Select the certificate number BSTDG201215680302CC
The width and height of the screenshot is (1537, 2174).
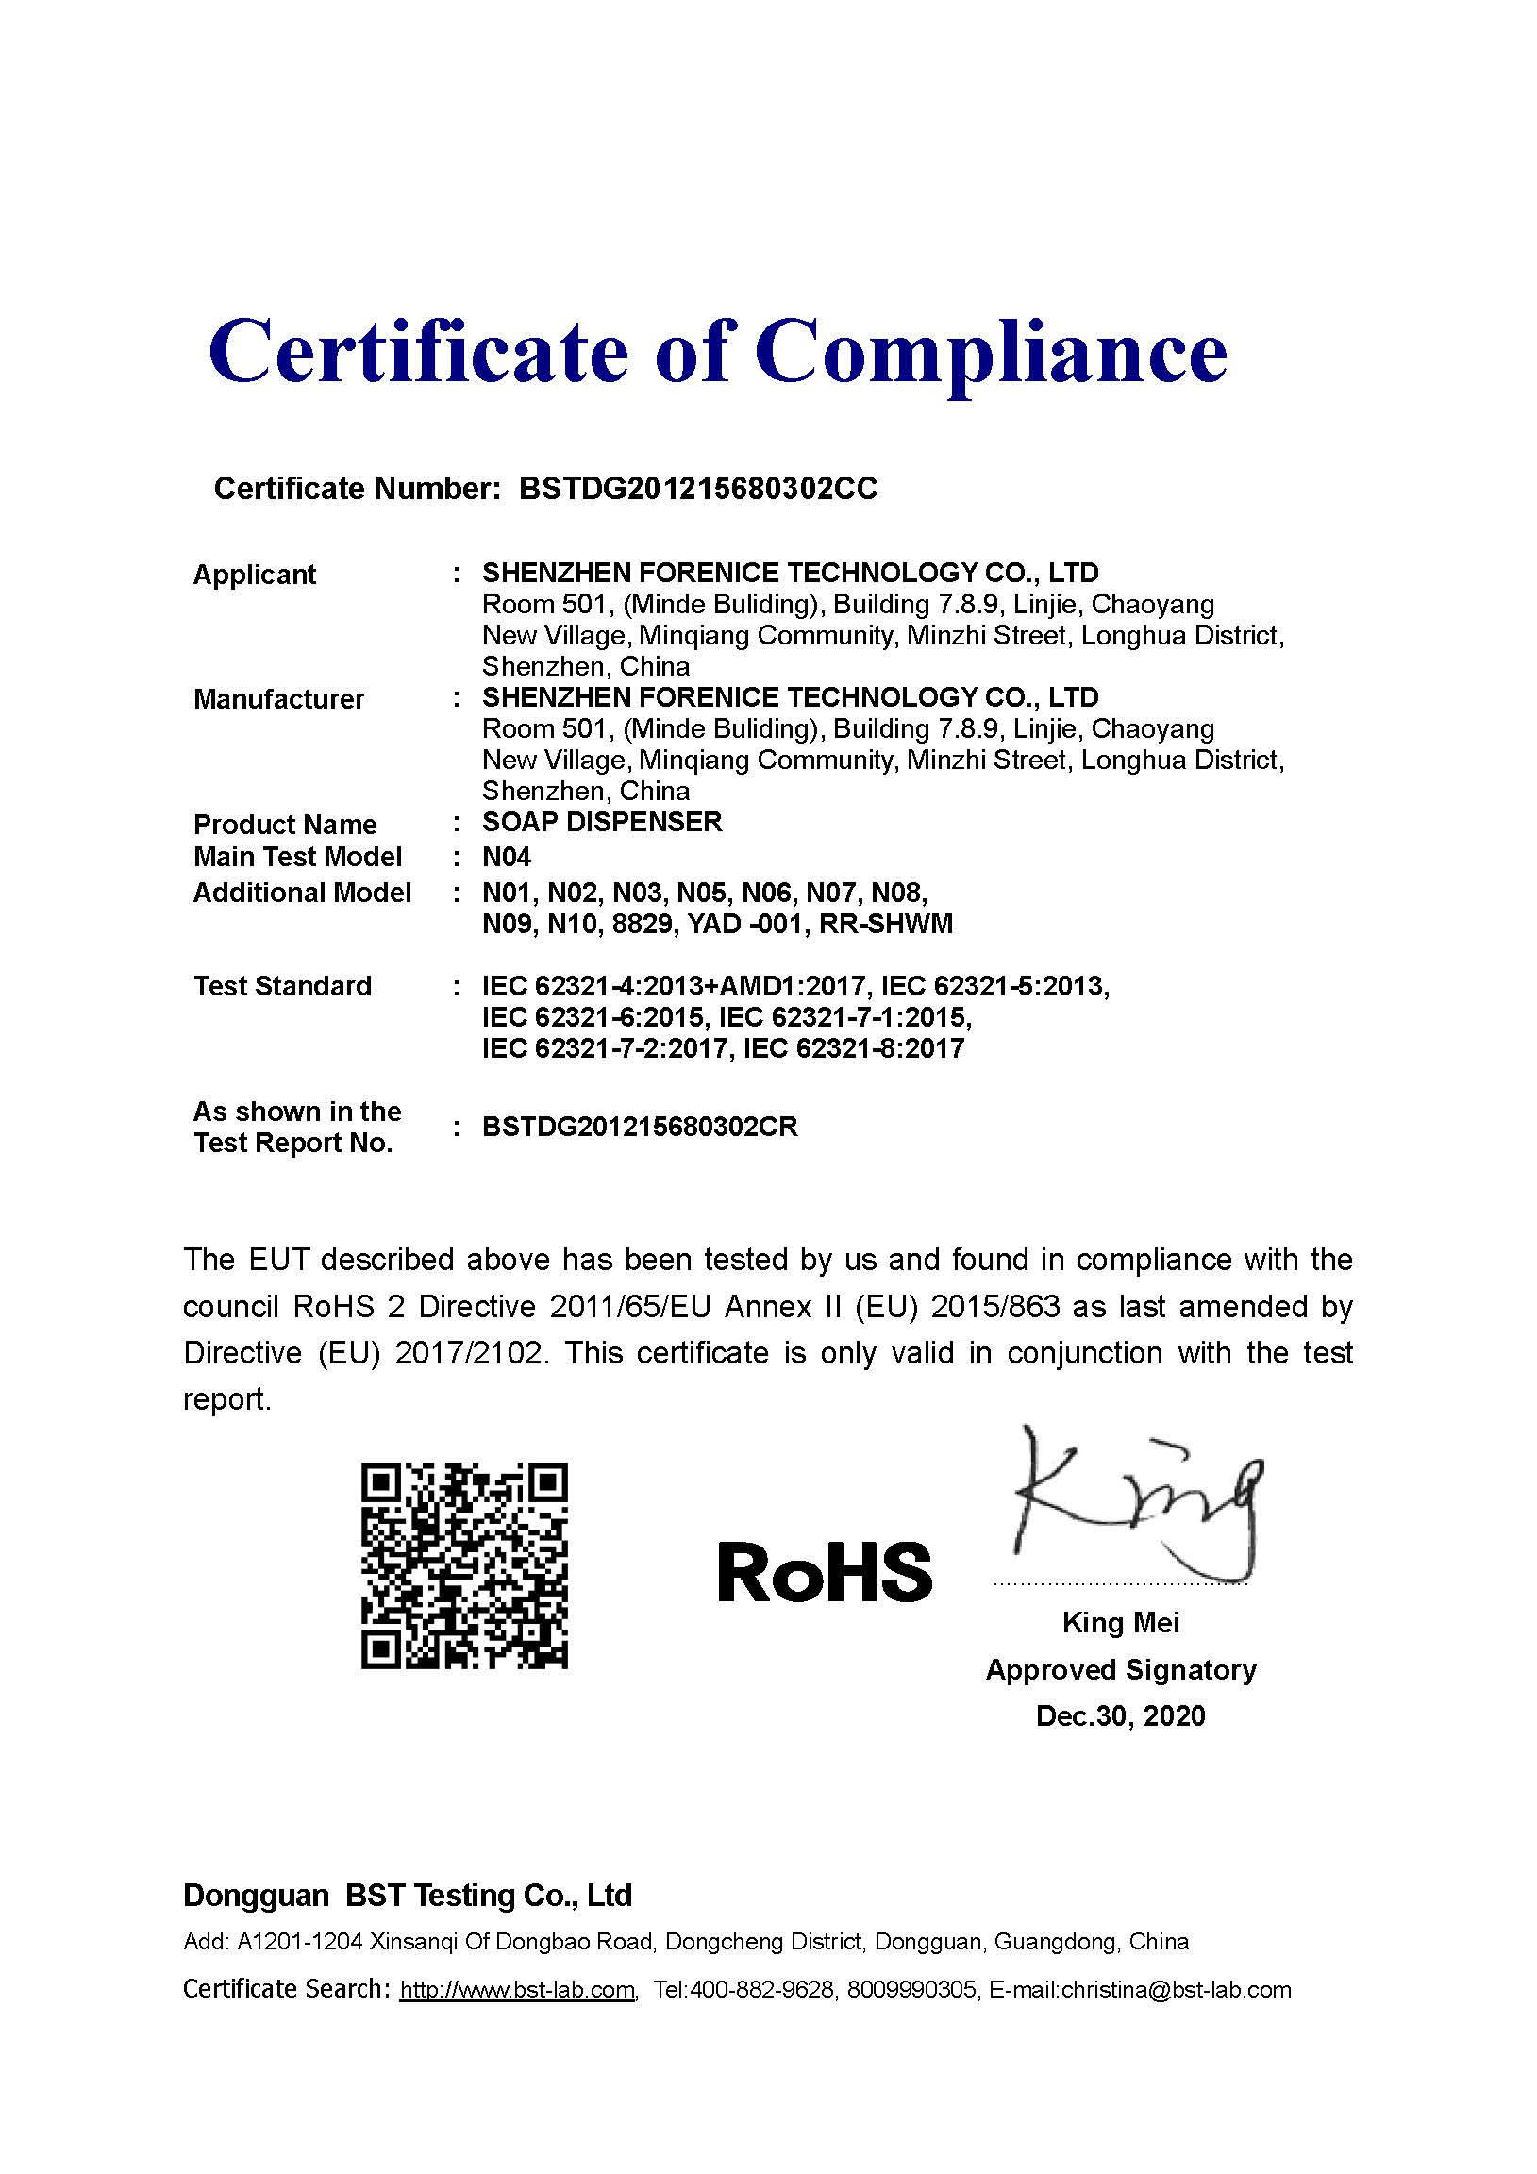coord(698,489)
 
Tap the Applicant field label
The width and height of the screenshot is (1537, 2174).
coord(254,575)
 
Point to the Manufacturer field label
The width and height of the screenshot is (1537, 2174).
coord(278,699)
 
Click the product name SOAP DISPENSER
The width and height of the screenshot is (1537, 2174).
coord(601,822)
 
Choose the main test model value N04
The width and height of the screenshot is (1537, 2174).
coord(506,857)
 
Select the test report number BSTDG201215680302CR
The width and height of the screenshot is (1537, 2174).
coord(639,1127)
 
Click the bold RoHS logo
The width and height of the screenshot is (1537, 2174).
coord(824,1573)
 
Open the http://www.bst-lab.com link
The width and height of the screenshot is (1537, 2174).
coord(516,1990)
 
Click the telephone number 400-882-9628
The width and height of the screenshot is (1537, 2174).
coord(763,1990)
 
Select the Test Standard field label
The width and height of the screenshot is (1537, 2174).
coord(282,987)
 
